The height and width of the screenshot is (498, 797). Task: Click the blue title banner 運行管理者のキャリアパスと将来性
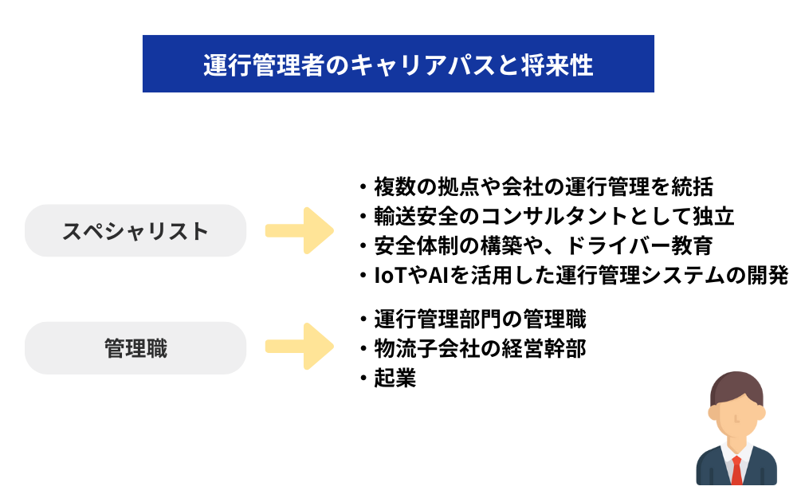pyautogui.click(x=398, y=64)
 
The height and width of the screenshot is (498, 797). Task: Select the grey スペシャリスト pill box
pyautogui.click(x=135, y=231)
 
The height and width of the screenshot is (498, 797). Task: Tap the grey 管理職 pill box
pyautogui.click(x=135, y=348)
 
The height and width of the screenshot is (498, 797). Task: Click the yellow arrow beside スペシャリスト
pyautogui.click(x=300, y=231)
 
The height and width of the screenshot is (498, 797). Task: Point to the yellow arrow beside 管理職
pyautogui.click(x=300, y=347)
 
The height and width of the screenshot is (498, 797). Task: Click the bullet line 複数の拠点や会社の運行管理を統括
pyautogui.click(x=542, y=187)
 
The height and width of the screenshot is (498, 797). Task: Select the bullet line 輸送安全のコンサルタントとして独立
pyautogui.click(x=553, y=217)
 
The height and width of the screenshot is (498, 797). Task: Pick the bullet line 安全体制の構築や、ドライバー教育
pyautogui.click(x=542, y=245)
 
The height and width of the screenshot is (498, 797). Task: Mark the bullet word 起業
pyautogui.click(x=395, y=378)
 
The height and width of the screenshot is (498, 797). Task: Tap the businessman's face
pyautogui.click(x=736, y=414)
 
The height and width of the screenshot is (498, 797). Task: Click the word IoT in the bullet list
pyautogui.click(x=391, y=275)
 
